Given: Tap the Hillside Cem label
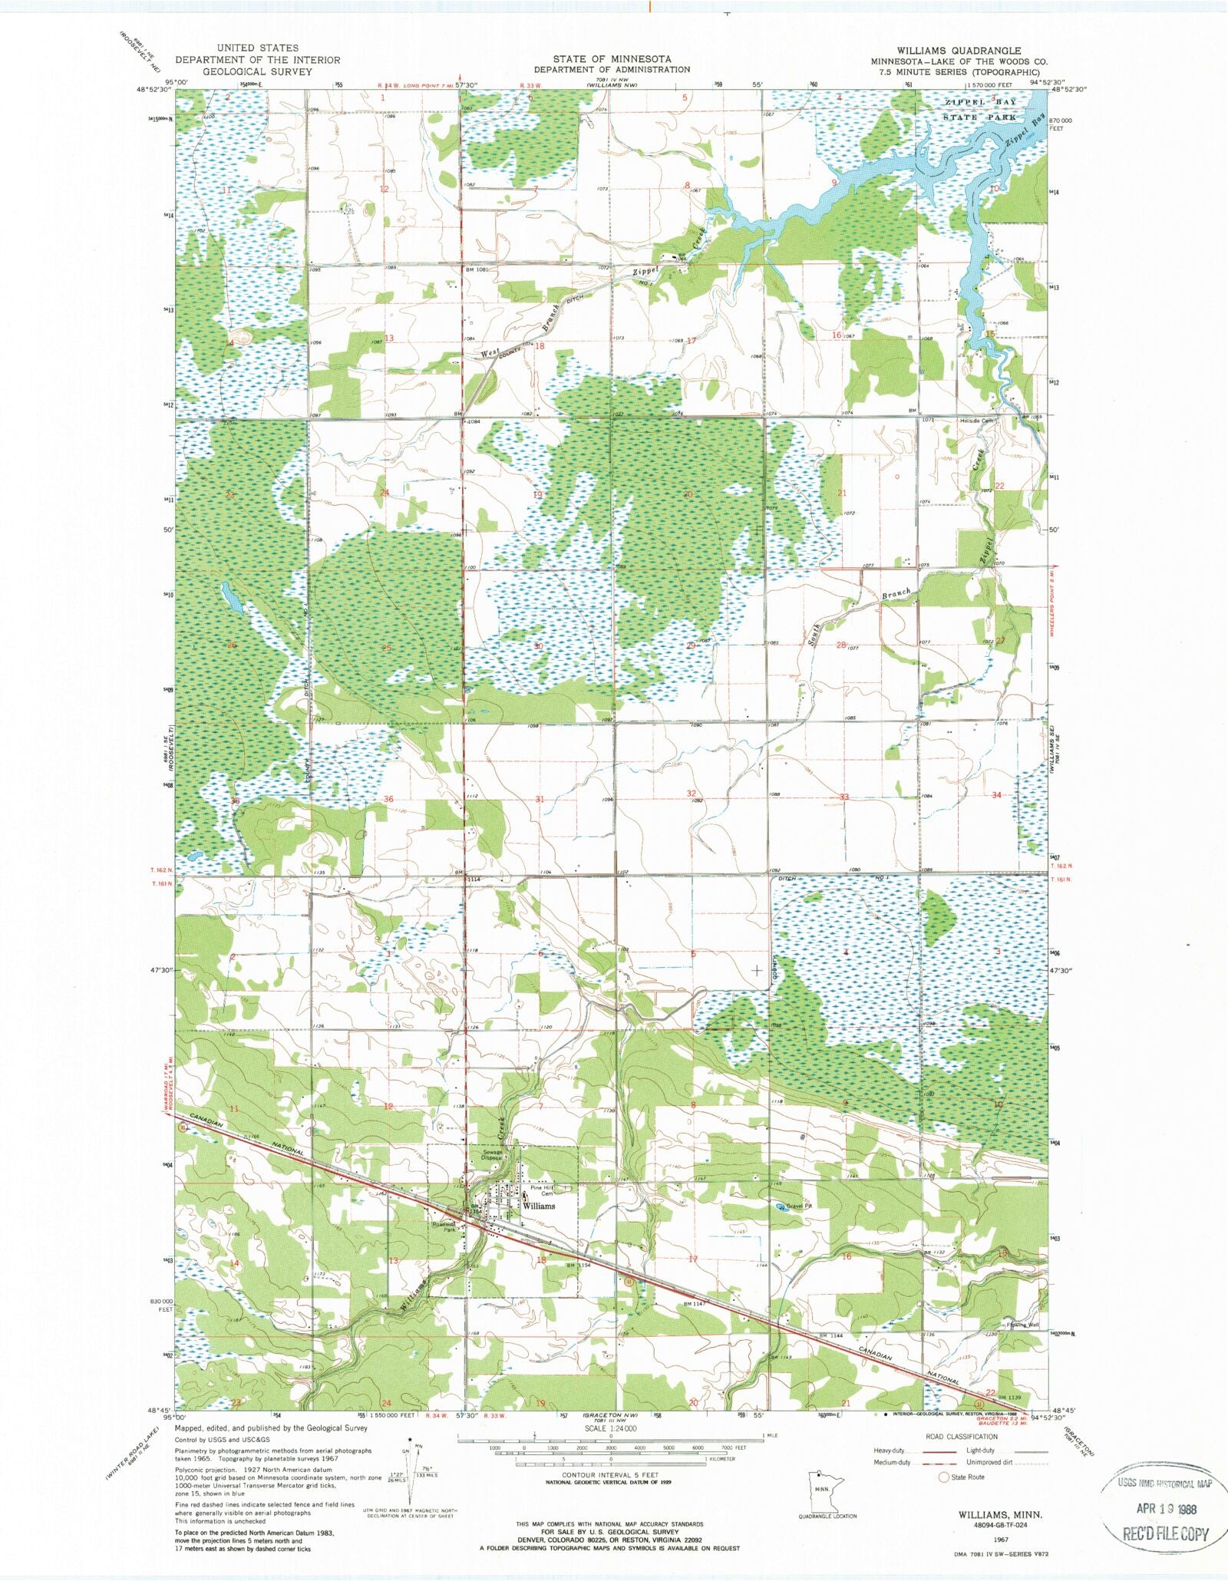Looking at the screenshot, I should [x=977, y=421].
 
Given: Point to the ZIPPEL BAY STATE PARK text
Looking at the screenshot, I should [x=981, y=110].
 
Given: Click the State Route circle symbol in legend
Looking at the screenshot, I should [x=943, y=1477].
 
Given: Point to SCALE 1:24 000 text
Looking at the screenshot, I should [x=610, y=1428].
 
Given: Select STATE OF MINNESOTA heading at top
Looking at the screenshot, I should [x=612, y=59].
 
